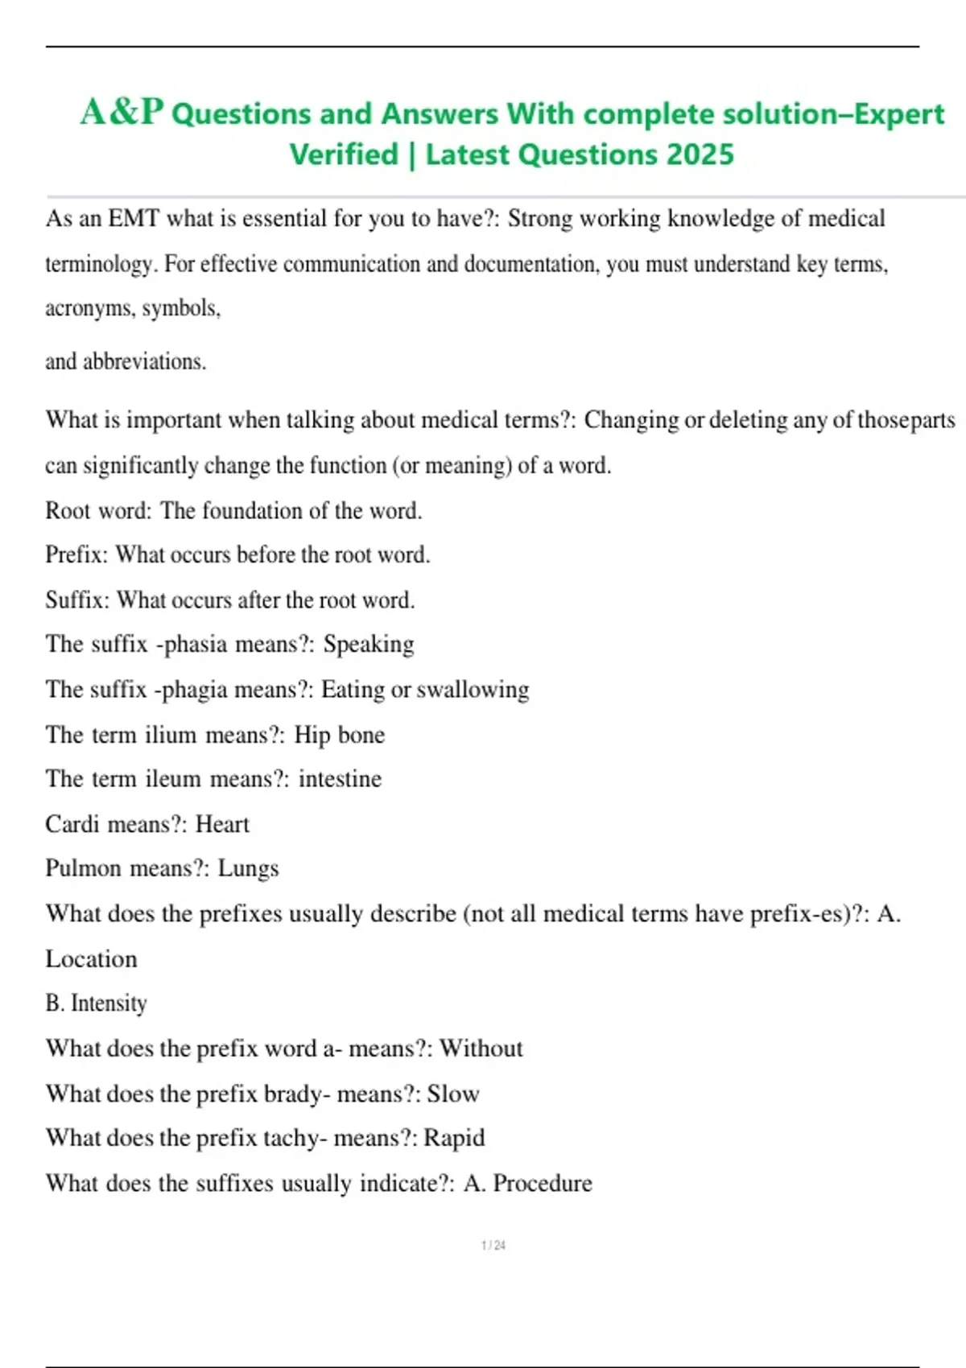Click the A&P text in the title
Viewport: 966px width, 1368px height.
point(122,112)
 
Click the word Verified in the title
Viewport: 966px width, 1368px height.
point(344,154)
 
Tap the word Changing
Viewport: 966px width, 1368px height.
point(631,419)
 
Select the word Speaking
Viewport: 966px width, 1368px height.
point(369,644)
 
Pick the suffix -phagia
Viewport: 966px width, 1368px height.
point(190,690)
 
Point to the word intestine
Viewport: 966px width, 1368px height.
point(340,779)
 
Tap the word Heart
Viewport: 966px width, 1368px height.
point(222,824)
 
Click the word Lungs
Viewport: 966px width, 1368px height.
point(248,868)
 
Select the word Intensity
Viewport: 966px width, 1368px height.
point(109,1003)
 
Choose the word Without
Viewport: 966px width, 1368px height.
point(481,1048)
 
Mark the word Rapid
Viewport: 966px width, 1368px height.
point(454,1138)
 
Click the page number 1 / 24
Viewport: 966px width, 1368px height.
point(493,1245)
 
